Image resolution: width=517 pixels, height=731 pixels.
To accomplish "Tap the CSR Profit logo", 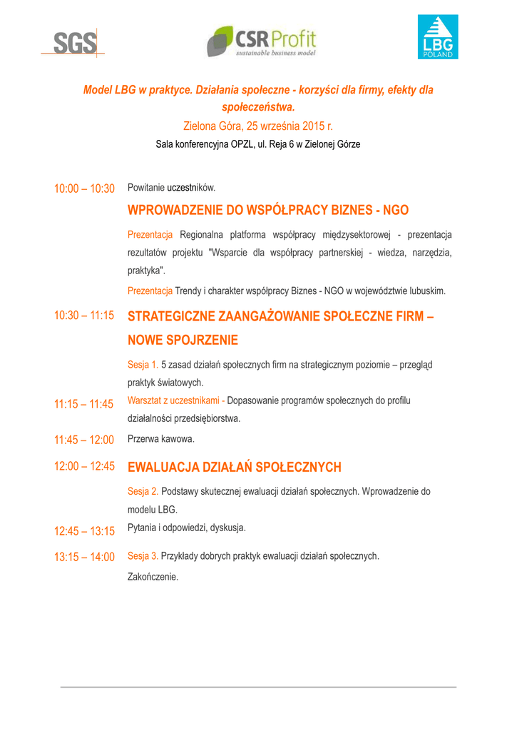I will (261, 41).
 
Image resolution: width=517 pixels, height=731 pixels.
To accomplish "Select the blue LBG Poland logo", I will (437, 37).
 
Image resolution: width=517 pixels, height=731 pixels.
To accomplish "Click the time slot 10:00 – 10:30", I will (84, 188).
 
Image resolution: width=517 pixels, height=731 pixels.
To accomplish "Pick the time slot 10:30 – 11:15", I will (84, 315).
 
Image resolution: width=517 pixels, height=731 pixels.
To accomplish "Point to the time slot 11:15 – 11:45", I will (84, 405).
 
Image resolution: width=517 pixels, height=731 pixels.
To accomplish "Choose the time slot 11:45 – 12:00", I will (84, 439).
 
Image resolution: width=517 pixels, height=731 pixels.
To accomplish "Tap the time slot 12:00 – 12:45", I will (84, 466).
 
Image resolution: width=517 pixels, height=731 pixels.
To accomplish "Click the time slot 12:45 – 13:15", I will (84, 531).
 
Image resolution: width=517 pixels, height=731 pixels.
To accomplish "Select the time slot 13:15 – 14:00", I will (84, 557).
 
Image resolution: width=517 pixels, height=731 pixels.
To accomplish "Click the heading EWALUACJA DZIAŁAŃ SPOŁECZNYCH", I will (234, 468).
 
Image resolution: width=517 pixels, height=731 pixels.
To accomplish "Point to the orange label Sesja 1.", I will (143, 364).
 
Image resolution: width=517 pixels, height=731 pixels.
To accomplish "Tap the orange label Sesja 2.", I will (143, 492).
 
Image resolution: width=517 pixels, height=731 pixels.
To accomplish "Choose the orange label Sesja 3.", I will (143, 556).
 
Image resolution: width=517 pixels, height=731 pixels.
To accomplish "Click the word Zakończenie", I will (153, 576).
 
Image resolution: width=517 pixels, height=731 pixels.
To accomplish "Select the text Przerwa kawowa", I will (160, 439).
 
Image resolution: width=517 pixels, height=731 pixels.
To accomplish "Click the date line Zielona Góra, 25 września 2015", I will (257, 126).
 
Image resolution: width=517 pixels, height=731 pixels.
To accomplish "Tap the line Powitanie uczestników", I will (171, 188).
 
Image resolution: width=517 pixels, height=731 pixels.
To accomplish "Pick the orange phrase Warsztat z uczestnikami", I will (175, 400).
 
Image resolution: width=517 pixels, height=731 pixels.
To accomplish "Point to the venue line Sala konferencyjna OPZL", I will (257, 144).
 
